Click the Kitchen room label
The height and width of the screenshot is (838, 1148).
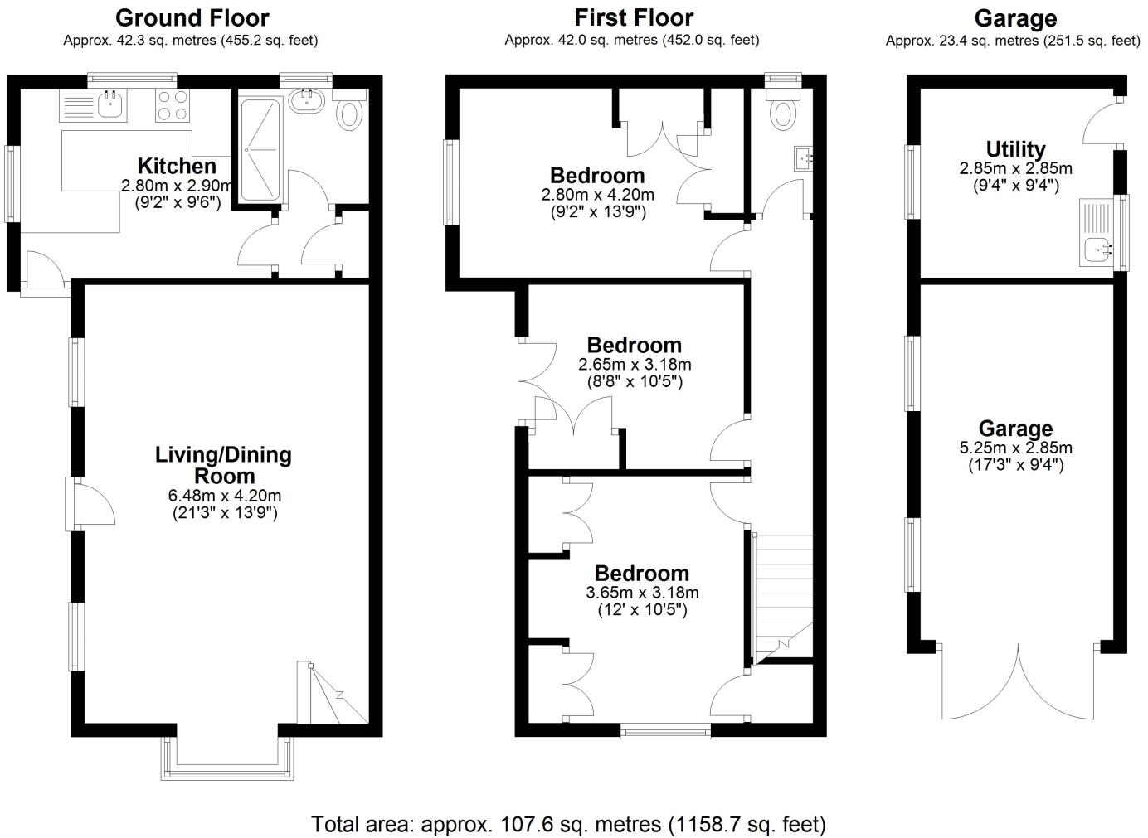pos(177,166)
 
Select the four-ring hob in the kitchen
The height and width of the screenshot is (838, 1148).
pos(172,106)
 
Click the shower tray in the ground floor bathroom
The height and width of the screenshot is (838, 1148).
pos(260,149)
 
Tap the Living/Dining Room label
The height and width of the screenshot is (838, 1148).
pos(224,465)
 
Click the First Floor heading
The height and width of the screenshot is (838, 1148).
pos(633,17)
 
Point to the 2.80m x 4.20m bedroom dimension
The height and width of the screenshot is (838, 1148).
pos(597,196)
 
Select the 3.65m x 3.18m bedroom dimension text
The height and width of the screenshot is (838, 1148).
pos(642,593)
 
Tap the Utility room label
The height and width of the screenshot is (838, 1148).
pos(1015,149)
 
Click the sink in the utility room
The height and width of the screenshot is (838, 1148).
pos(1099,246)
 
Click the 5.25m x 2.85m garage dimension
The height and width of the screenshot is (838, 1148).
pos(1015,448)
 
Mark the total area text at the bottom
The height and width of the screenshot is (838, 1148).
pos(568,824)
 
